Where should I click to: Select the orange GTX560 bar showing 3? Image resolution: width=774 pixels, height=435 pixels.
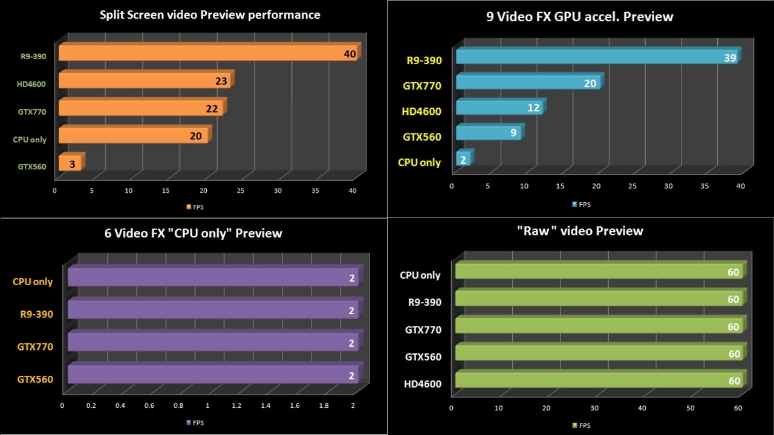pos(70,163)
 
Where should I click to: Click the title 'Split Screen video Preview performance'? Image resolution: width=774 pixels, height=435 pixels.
pos(210,15)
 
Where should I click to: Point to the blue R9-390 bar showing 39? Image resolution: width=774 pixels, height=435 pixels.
pos(596,57)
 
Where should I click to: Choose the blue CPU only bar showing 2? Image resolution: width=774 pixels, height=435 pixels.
pos(463,159)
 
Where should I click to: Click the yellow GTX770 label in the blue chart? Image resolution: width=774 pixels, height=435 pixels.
pos(422,86)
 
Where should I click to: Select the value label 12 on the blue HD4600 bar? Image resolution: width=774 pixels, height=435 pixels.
pos(533,108)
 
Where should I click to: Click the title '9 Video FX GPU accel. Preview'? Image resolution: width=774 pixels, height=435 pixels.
pos(579,16)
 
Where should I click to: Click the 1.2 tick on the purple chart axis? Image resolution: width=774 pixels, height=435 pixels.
pos(236,405)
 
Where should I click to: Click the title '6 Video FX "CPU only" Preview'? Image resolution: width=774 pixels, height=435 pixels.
pos(193,233)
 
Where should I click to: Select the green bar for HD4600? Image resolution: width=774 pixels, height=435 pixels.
pos(599,381)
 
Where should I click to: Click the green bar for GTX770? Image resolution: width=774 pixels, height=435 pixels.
pos(599,326)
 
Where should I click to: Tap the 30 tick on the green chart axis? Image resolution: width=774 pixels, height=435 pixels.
pos(594,408)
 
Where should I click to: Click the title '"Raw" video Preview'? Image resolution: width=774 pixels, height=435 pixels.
pos(579,231)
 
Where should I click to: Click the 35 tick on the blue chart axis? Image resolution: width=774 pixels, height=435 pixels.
pos(704,186)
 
